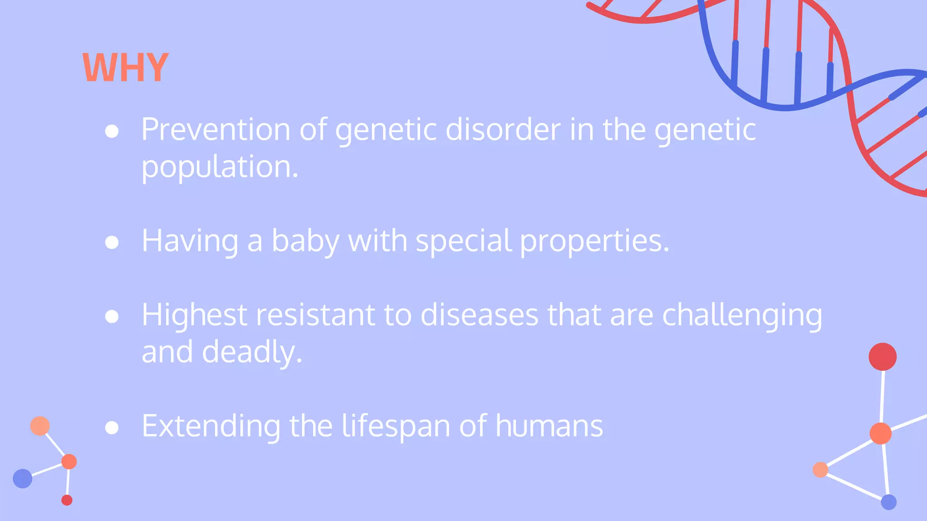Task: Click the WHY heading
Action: [125, 68]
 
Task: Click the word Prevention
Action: [215, 130]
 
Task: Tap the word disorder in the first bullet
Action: [503, 130]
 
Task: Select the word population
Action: [220, 167]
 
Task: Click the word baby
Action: [305, 241]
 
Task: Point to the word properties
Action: [594, 241]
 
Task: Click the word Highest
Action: [194, 315]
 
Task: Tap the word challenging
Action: [742, 315]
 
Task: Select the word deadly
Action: [252, 352]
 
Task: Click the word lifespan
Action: [396, 426]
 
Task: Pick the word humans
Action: [549, 426]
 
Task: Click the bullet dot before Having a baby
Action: [112, 242]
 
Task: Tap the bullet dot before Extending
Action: [112, 428]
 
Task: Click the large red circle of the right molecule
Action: [882, 357]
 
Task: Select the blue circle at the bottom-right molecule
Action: [889, 502]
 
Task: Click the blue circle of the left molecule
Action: [23, 478]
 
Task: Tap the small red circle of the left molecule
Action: [67, 500]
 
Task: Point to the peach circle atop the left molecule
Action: [40, 426]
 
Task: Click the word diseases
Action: [479, 315]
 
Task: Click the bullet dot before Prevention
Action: [112, 132]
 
